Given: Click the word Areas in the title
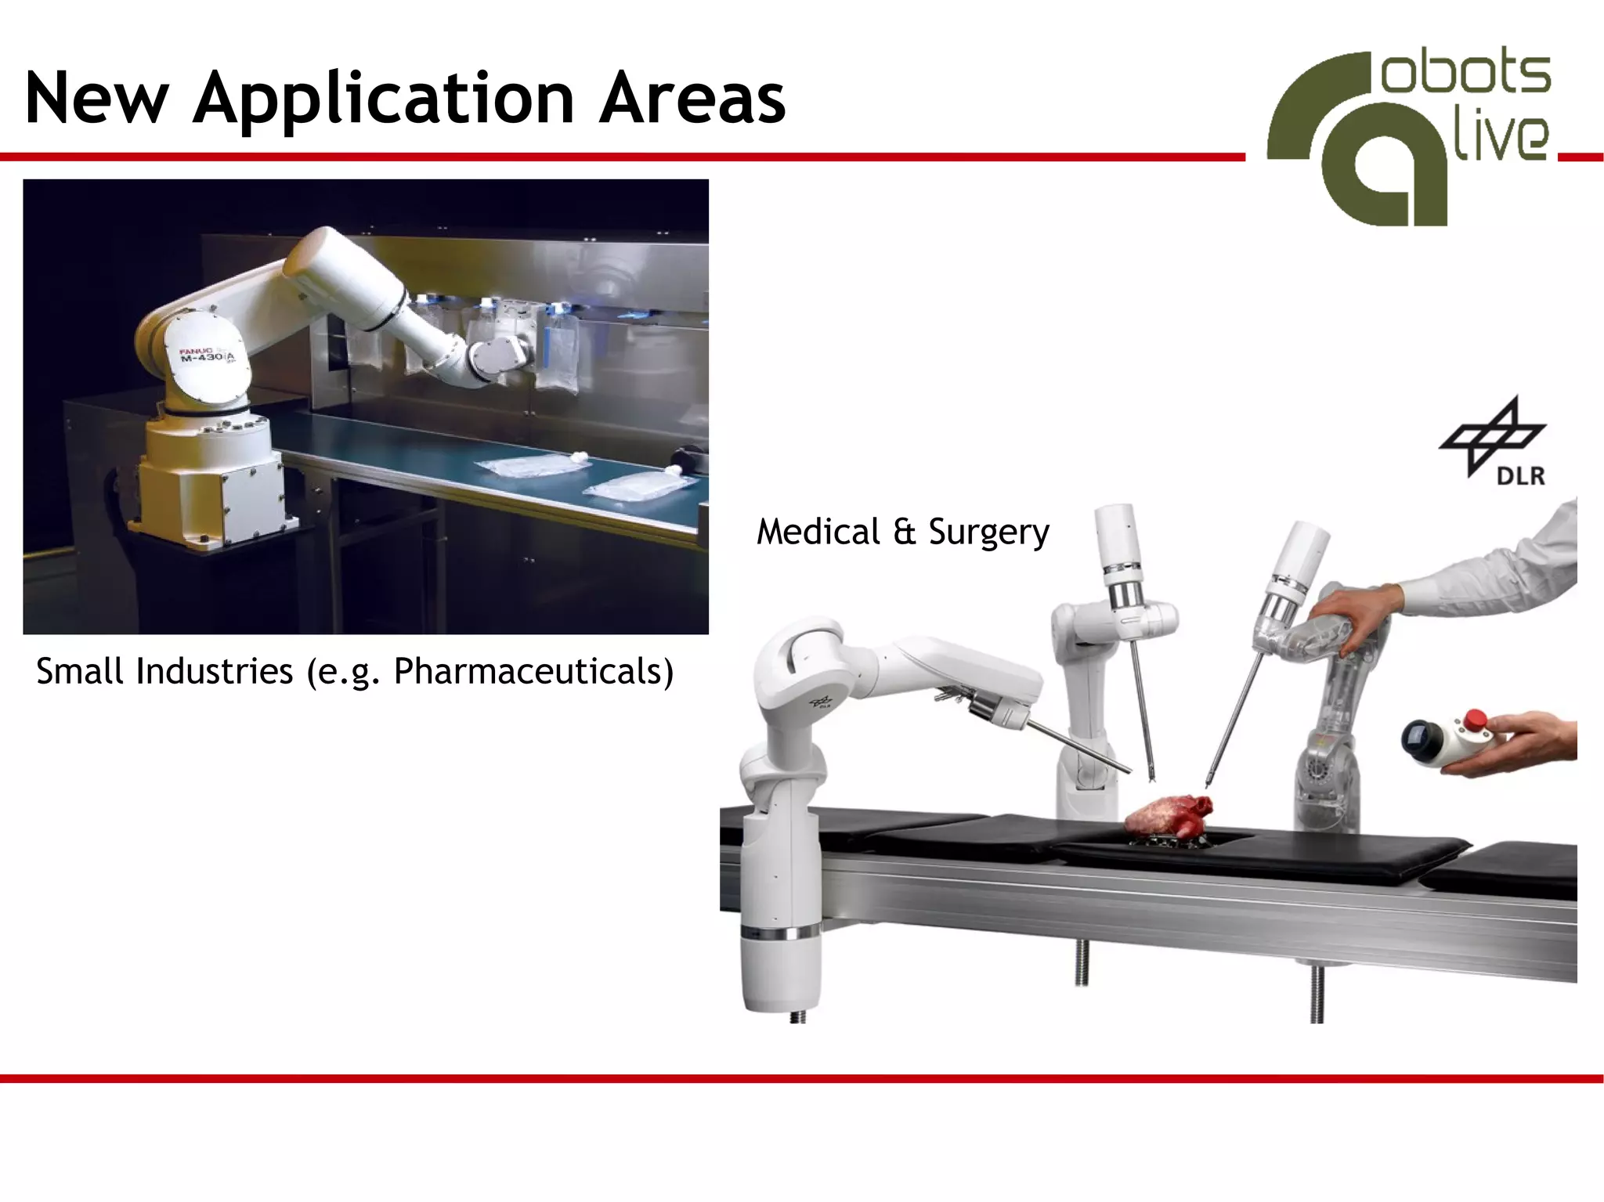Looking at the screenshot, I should tap(692, 99).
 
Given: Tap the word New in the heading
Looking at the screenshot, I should tap(96, 99).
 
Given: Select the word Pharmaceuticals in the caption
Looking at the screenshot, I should tap(533, 672).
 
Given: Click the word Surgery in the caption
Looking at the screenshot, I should tap(988, 533).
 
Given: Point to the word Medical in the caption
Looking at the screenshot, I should tap(818, 532).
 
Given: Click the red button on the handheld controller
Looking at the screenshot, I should tap(1476, 718).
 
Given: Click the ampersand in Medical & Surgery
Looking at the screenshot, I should tap(905, 532).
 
